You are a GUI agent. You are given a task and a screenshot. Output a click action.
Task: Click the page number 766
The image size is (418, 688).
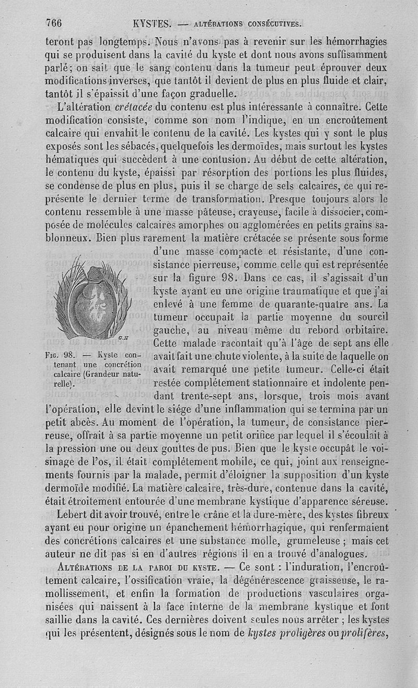click(x=54, y=22)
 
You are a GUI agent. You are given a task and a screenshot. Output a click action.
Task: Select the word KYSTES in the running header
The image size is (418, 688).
click(x=153, y=23)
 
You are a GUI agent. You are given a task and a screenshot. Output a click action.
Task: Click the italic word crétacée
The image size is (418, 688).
click(x=133, y=108)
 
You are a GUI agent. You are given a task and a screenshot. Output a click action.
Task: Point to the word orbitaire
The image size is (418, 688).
click(x=364, y=330)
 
